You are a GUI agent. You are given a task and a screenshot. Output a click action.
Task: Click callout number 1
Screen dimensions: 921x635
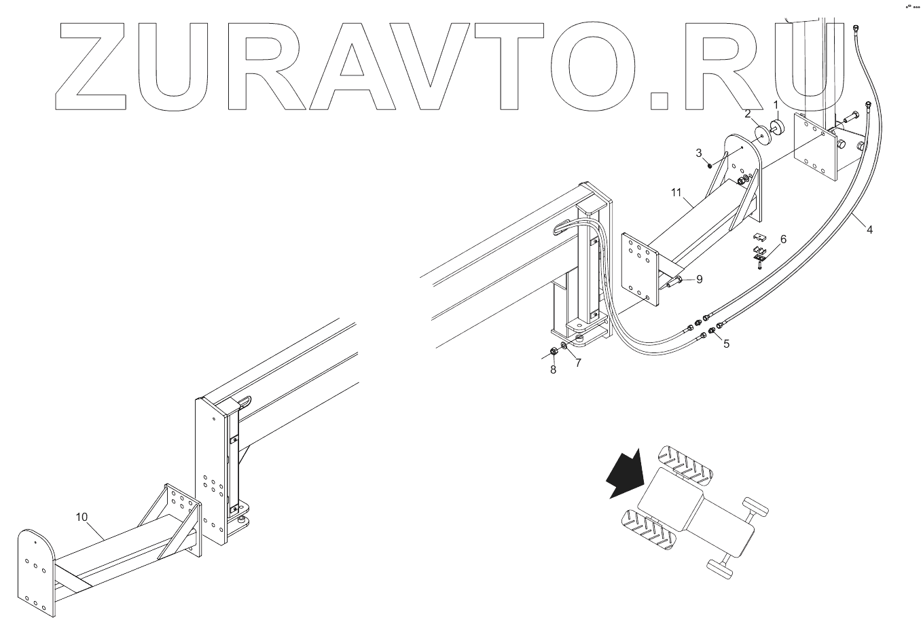click(x=776, y=105)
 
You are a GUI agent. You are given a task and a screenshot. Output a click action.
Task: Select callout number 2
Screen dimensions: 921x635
click(x=747, y=113)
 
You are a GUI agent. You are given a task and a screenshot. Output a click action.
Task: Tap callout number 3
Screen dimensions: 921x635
click(x=699, y=153)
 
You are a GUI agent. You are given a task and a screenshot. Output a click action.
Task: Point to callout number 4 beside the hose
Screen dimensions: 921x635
click(x=869, y=230)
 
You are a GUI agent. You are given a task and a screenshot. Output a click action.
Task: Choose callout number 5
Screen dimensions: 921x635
click(x=726, y=344)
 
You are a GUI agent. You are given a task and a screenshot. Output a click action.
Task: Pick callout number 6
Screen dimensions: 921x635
click(x=783, y=239)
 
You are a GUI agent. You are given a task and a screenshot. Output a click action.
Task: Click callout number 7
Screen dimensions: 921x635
click(x=578, y=363)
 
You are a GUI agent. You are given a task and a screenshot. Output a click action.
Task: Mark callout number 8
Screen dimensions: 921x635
click(x=553, y=369)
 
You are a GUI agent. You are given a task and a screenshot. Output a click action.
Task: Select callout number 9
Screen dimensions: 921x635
click(x=680, y=278)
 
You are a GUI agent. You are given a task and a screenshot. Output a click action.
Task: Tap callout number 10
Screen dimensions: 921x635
click(x=82, y=517)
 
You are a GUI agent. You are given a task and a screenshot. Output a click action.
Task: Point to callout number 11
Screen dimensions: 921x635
click(x=676, y=193)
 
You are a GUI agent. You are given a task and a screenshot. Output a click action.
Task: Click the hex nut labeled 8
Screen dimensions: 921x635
click(x=553, y=351)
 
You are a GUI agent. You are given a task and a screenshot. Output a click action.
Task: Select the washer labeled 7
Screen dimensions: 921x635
click(x=565, y=355)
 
